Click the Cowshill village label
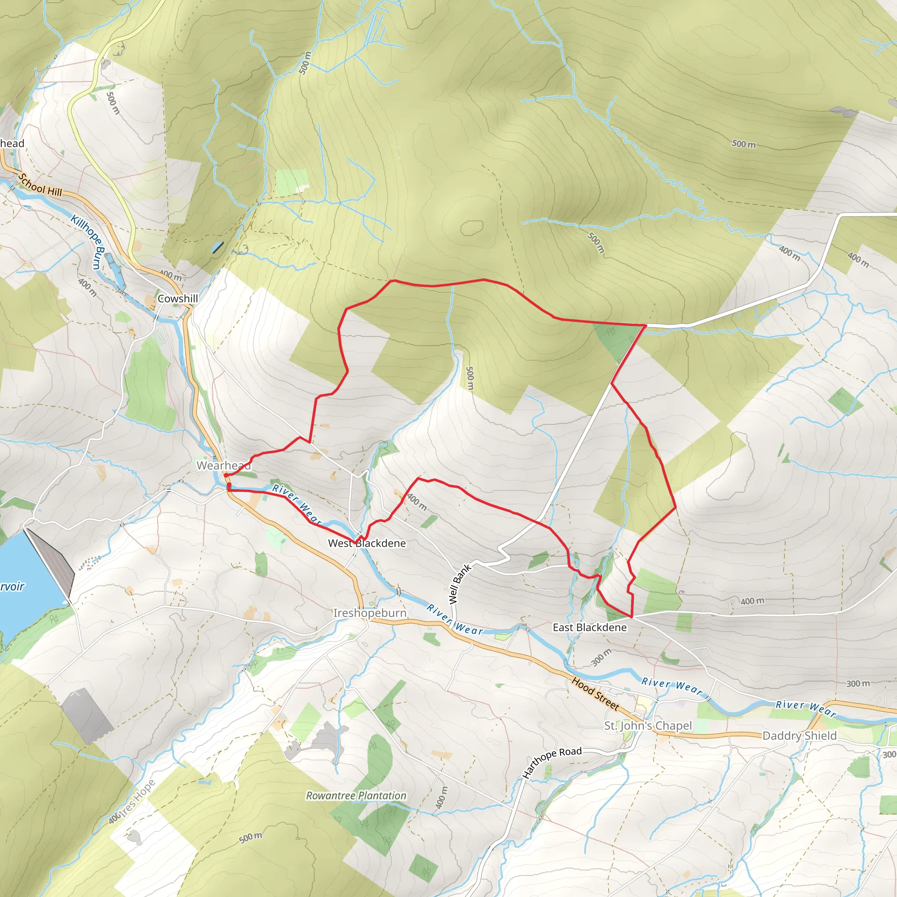click(177, 299)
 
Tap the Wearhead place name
click(223, 465)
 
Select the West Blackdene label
click(366, 543)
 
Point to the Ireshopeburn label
click(370, 613)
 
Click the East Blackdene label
click(589, 627)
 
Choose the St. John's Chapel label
click(648, 726)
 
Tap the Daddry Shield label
click(799, 735)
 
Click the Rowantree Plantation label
click(356, 795)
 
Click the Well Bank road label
click(459, 583)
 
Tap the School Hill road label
click(40, 184)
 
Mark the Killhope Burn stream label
click(88, 241)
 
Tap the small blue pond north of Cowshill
click(217, 247)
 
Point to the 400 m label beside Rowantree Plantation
click(441, 798)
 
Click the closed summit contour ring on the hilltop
click(472, 227)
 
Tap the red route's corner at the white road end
click(645, 326)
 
